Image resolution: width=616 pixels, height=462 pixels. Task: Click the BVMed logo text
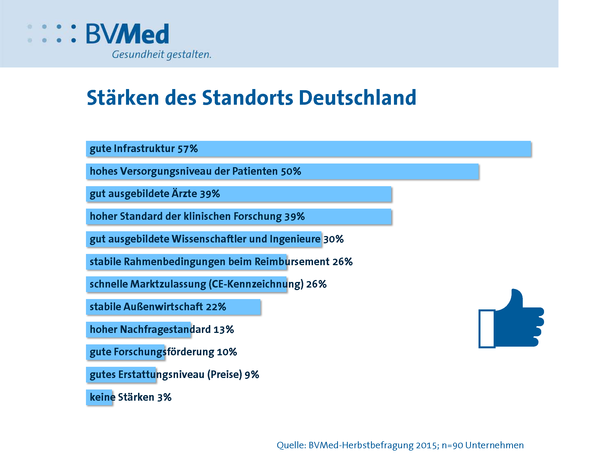tap(127, 34)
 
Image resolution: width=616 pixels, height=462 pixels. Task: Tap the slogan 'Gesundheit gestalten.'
tap(162, 54)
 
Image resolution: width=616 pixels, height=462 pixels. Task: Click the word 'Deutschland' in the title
tap(358, 98)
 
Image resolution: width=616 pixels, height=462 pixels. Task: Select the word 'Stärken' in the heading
tap(123, 98)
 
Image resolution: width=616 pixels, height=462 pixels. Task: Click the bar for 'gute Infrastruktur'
tap(308, 149)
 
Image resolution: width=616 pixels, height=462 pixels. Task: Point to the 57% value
tap(188, 149)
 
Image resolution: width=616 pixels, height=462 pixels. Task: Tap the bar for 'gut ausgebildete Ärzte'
tap(280, 194)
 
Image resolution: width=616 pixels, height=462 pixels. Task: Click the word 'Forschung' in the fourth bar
tap(258, 216)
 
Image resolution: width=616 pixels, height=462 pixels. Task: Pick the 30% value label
tap(333, 239)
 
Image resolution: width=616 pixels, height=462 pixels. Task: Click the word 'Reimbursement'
tap(292, 262)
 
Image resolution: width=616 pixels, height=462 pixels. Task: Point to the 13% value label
tap(223, 330)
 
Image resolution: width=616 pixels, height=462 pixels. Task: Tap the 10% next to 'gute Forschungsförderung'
tap(227, 352)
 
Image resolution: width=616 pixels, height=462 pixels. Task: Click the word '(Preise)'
tap(225, 375)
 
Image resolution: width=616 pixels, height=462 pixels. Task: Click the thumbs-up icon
tap(511, 321)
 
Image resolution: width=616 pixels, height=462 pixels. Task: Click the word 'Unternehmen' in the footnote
tap(494, 445)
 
